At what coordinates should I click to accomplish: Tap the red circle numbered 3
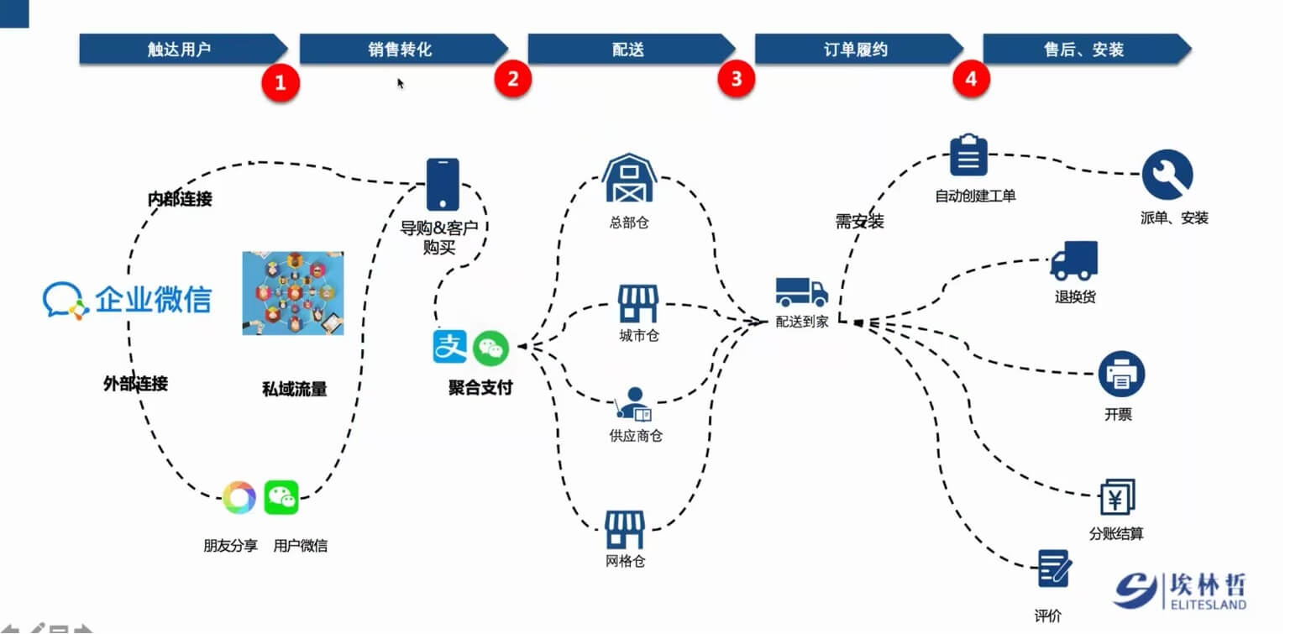pyautogui.click(x=736, y=79)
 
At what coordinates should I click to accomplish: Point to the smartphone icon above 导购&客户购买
pyautogui.click(x=443, y=184)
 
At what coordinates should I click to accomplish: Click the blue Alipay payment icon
pyautogui.click(x=449, y=347)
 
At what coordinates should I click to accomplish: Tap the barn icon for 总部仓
pyautogui.click(x=628, y=178)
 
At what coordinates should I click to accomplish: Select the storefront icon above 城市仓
pyautogui.click(x=638, y=304)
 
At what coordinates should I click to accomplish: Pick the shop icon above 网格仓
pyautogui.click(x=625, y=530)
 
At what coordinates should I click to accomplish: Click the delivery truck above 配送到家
pyautogui.click(x=801, y=291)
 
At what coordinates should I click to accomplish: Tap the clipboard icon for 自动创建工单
pyautogui.click(x=968, y=155)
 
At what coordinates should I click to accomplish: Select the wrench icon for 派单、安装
pyautogui.click(x=1167, y=175)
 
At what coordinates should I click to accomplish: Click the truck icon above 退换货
pyautogui.click(x=1074, y=260)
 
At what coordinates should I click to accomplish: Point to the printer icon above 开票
pyautogui.click(x=1121, y=375)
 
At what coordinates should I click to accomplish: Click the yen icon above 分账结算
pyautogui.click(x=1117, y=498)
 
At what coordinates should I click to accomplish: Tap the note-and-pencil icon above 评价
pyautogui.click(x=1053, y=569)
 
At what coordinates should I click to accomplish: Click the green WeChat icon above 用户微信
pyautogui.click(x=281, y=497)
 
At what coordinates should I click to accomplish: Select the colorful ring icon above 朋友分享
pyautogui.click(x=239, y=497)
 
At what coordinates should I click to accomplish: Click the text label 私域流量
pyautogui.click(x=294, y=389)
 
